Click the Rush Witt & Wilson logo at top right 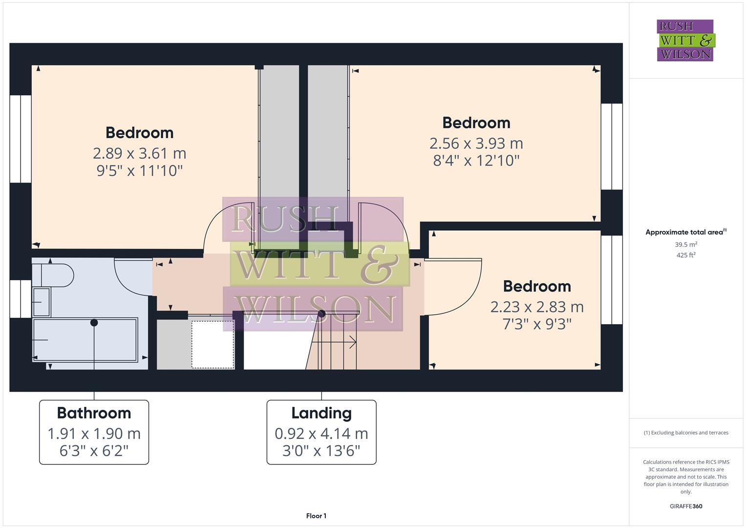click(685, 40)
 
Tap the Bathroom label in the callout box click(94, 413)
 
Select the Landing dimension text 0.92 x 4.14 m click(321, 433)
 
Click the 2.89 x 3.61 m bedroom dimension click(139, 154)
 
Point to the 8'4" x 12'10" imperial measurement click(476, 160)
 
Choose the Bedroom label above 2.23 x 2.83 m click(536, 286)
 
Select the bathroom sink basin click(41, 302)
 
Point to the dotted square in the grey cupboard click(213, 344)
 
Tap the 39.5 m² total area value click(685, 244)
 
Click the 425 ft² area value click(685, 255)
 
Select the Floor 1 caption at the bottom click(316, 516)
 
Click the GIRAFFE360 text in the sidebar click(685, 506)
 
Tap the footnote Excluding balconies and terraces click(685, 433)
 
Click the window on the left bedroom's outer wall click(21, 139)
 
